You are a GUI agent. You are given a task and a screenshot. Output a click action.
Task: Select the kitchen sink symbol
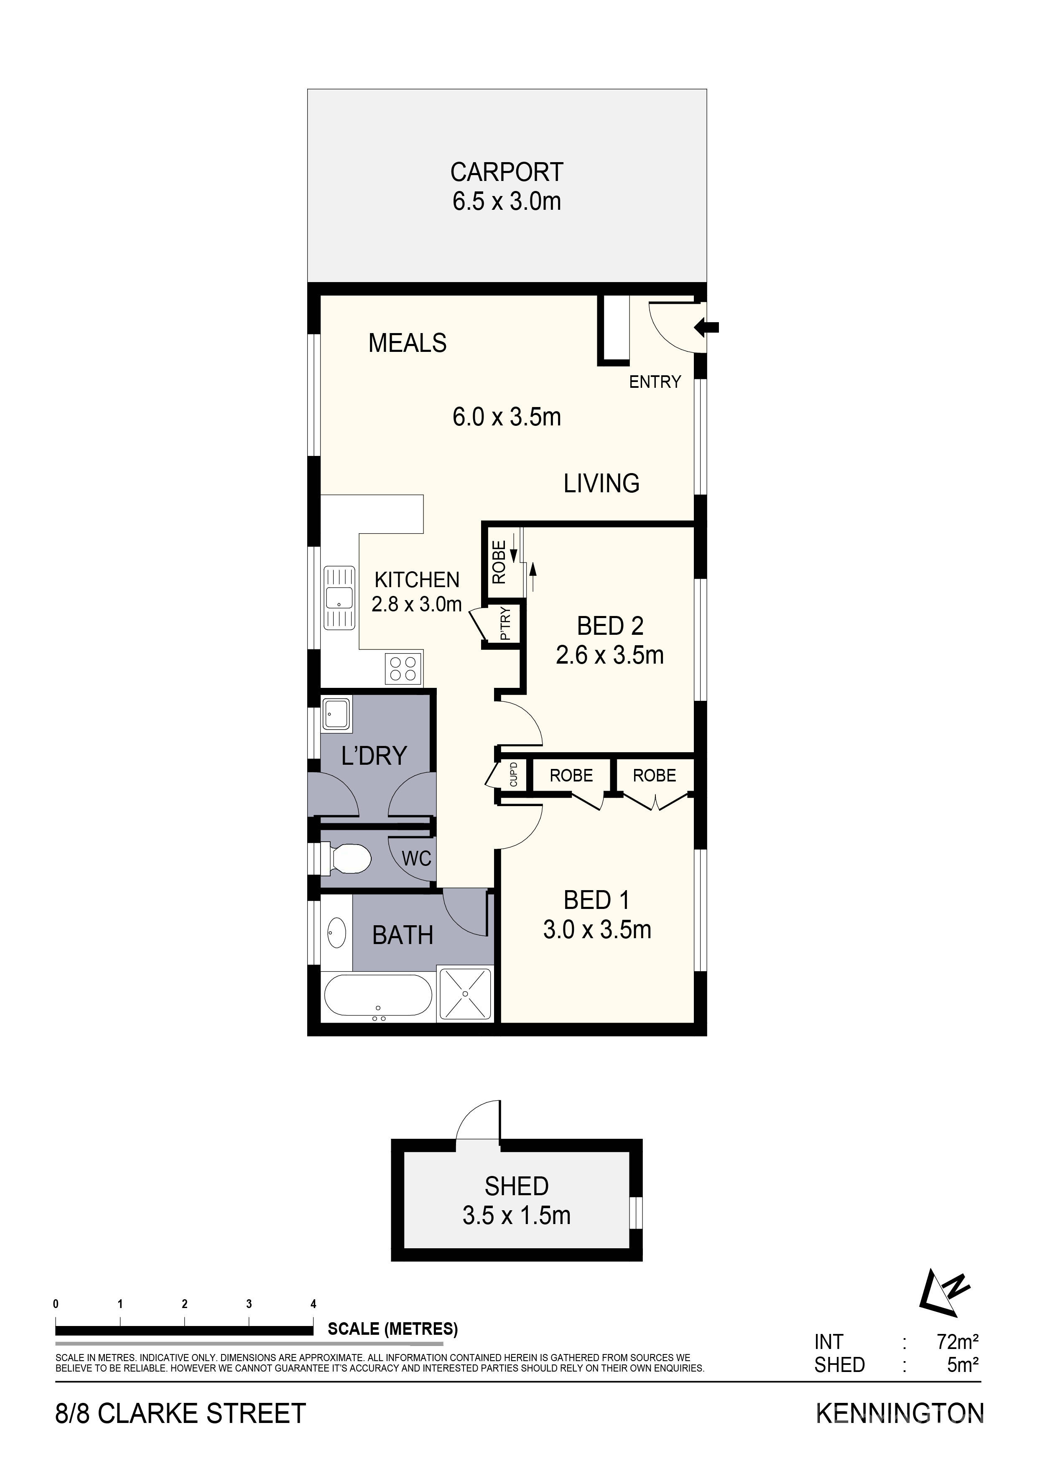(x=339, y=598)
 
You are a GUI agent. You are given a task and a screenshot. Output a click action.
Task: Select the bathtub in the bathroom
(x=378, y=997)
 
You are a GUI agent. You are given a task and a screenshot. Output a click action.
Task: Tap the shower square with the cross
(x=466, y=993)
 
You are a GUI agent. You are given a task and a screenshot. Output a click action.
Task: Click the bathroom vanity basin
(x=336, y=934)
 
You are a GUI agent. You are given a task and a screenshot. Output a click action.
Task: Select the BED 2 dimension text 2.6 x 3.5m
(x=610, y=655)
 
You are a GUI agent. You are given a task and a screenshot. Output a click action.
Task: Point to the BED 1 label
(x=596, y=900)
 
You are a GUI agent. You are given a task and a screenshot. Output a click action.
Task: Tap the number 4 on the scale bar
(x=313, y=1304)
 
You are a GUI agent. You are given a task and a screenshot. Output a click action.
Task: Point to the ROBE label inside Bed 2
(x=499, y=562)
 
